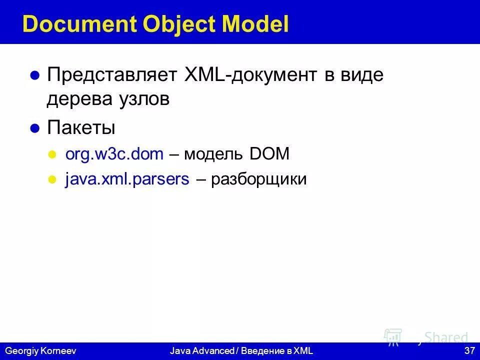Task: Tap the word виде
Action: point(364,75)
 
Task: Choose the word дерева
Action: point(75,99)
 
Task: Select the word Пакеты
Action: point(81,127)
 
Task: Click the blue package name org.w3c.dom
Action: point(114,154)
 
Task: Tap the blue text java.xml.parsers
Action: point(127,179)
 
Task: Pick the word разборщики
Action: point(258,179)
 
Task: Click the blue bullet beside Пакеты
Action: point(35,128)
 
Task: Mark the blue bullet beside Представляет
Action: point(35,76)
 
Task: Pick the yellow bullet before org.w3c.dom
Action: point(51,154)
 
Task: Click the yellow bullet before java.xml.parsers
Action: point(51,180)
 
